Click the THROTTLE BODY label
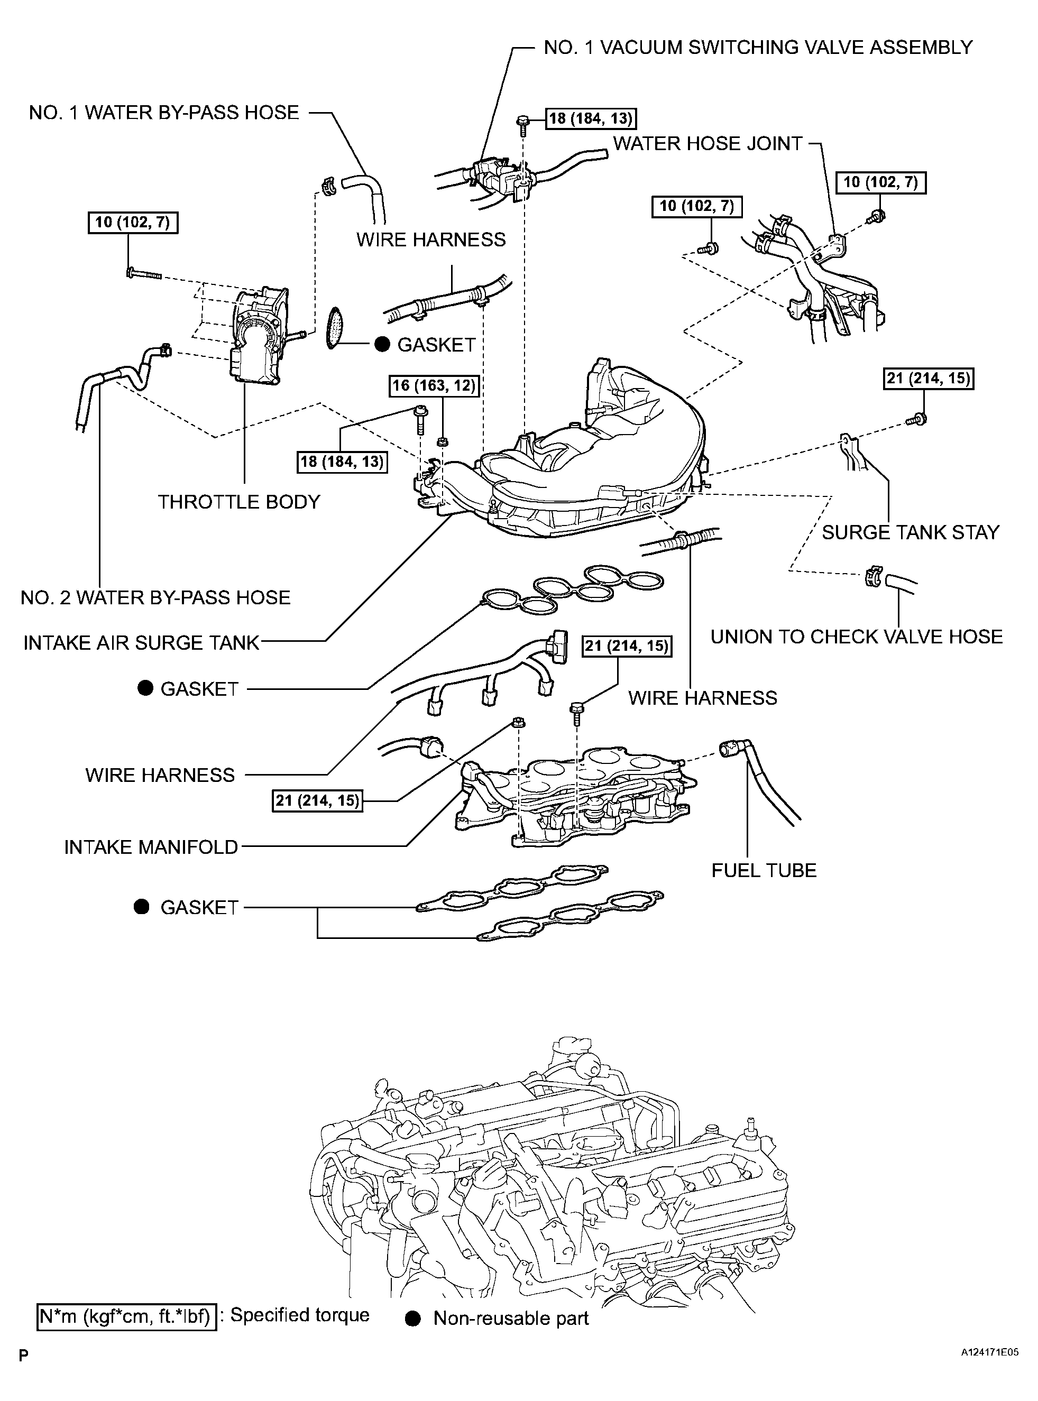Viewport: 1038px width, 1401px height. (x=239, y=502)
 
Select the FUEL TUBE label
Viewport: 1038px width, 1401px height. (x=764, y=870)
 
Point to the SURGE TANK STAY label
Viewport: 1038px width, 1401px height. (x=911, y=532)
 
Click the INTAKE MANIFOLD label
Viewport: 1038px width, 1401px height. (x=151, y=847)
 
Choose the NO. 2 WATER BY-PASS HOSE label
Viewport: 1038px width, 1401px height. (x=156, y=597)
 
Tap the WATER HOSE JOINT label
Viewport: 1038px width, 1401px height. (x=708, y=143)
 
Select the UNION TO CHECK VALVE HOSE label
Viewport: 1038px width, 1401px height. (x=857, y=637)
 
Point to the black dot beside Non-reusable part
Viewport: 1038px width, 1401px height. (x=413, y=1318)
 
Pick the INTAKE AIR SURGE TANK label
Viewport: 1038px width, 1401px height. (x=141, y=643)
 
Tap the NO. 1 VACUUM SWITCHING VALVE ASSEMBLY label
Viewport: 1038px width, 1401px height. (x=758, y=47)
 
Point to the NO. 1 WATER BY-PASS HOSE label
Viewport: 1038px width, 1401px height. (x=164, y=113)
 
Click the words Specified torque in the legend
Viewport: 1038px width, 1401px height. (x=300, y=1315)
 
